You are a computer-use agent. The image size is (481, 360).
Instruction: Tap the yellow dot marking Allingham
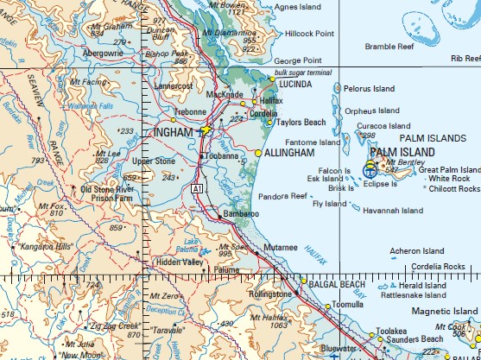pos(258,153)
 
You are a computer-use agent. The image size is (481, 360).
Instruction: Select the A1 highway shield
pos(199,187)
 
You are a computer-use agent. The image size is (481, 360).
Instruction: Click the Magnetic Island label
pos(444,310)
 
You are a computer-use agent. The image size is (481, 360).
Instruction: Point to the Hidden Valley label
pos(180,261)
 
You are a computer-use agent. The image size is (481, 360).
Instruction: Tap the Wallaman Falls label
pos(94,106)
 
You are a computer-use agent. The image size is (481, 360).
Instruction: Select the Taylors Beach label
pos(301,123)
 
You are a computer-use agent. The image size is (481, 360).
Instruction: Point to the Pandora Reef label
pos(283,196)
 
